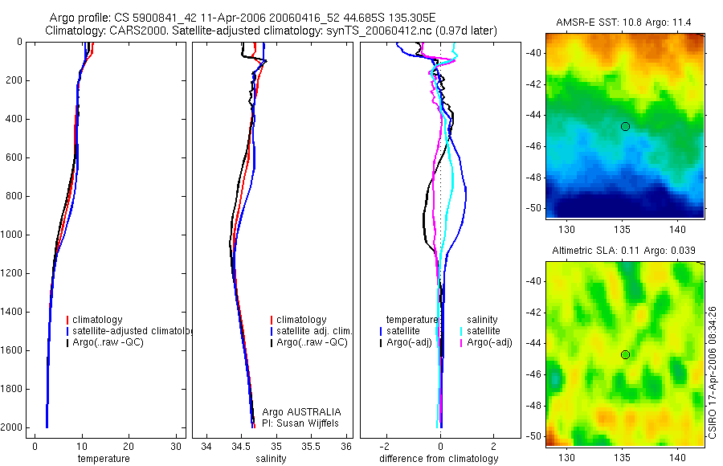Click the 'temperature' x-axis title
[x=104, y=459]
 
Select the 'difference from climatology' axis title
[x=439, y=459]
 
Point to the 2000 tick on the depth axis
[x=11, y=427]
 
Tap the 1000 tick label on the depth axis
[x=11, y=235]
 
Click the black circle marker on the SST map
[x=625, y=126]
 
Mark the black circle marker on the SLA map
[x=625, y=354]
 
